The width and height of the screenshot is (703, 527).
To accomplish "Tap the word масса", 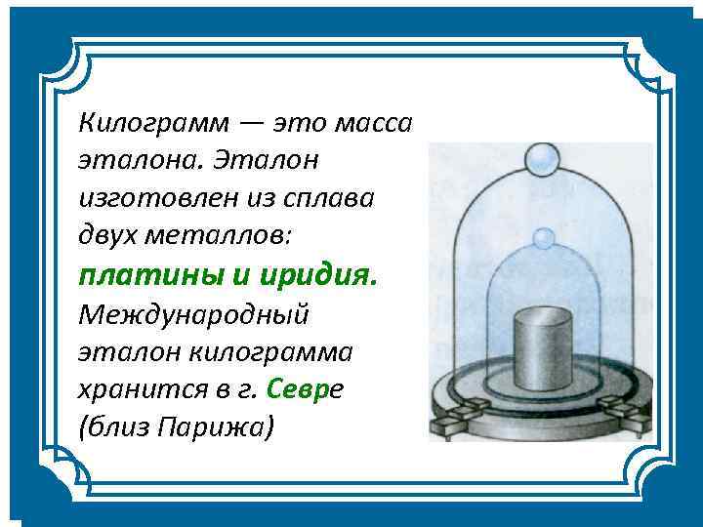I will pos(373,124).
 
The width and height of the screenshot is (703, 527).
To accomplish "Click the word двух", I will pos(107,235).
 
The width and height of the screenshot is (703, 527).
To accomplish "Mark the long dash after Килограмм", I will pos(249,125).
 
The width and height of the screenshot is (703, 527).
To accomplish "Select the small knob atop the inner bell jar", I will pos(540,238).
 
